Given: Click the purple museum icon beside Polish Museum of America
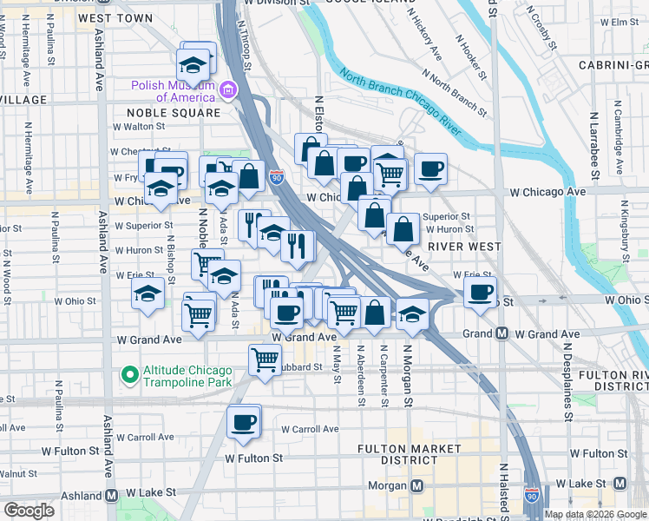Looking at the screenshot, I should tap(227, 89).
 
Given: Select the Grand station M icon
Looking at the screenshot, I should tap(501, 333).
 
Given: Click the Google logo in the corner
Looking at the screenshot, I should tap(29, 511).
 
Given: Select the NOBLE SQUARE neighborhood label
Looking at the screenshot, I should tap(174, 113).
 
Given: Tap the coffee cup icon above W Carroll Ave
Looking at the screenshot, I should tap(244, 422).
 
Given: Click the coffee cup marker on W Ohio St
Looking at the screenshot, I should tap(480, 293).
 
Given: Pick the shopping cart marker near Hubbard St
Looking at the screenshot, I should tap(265, 359).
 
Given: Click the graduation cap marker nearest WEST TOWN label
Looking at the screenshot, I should tap(193, 63).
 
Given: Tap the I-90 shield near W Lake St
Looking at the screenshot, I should tap(530, 496).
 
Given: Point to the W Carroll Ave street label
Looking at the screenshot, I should tap(310, 429).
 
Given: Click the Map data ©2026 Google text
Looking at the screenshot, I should tap(595, 514).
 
